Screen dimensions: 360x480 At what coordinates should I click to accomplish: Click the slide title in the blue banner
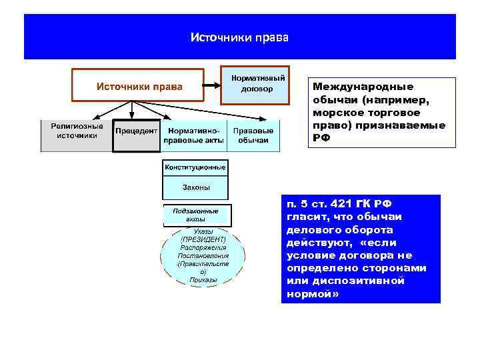(x=239, y=37)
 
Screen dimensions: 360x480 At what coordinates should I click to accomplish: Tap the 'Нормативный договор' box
(x=255, y=83)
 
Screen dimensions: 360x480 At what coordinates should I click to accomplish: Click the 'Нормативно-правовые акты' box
(x=194, y=136)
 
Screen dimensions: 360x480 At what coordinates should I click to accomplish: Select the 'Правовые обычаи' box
(x=253, y=136)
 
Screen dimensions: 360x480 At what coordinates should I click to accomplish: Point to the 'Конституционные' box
(x=195, y=167)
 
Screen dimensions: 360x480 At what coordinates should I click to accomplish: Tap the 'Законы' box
(x=195, y=188)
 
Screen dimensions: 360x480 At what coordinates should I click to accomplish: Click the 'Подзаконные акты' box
(x=197, y=215)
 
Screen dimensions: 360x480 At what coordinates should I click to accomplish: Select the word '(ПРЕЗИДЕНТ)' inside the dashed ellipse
(x=203, y=239)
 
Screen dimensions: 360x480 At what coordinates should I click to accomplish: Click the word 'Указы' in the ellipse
(x=203, y=231)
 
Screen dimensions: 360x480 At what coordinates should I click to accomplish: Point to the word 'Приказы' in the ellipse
(x=203, y=280)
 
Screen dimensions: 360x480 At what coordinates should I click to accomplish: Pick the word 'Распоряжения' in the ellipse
(x=203, y=247)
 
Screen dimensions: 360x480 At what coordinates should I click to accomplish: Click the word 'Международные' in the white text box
(x=363, y=87)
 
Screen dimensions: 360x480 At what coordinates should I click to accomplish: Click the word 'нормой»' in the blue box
(x=313, y=293)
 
